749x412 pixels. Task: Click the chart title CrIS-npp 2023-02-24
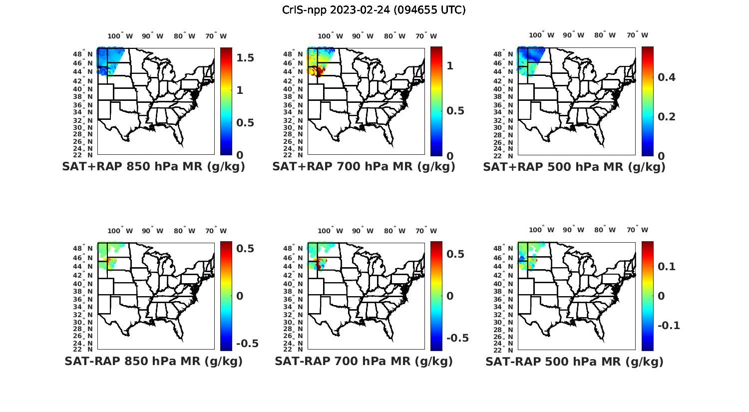[x=374, y=9]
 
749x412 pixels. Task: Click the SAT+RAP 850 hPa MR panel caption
[x=153, y=167]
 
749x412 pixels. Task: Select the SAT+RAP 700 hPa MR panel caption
[x=364, y=167]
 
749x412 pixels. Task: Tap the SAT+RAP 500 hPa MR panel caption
[x=574, y=167]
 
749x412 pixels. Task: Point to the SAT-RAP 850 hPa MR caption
[x=153, y=361]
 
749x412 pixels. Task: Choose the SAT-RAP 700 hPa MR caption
[x=364, y=361]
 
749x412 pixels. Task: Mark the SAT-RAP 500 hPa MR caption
[x=574, y=362]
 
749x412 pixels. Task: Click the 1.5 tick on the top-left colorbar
[x=245, y=58]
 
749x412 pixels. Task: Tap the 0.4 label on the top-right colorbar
[x=666, y=77]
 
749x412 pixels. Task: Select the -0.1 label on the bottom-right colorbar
[x=669, y=326]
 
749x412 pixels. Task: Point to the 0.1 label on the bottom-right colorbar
[x=666, y=266]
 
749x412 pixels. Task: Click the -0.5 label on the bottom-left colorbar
[x=247, y=344]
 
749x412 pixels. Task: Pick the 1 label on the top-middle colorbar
[x=450, y=65]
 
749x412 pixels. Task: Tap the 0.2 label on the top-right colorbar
[x=666, y=116]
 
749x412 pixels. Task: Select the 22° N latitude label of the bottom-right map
[x=508, y=349]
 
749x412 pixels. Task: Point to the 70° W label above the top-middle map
[x=426, y=36]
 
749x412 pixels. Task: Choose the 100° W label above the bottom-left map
[x=120, y=231]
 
